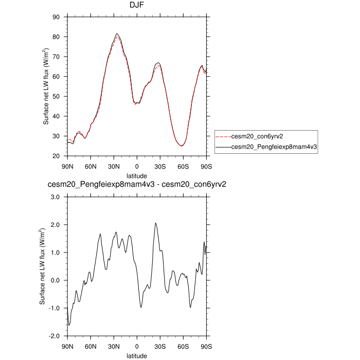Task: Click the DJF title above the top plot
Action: click(137, 6)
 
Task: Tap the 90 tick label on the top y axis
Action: click(57, 17)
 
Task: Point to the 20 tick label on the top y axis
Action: click(57, 156)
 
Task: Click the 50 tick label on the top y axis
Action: click(57, 96)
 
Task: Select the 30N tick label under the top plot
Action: click(114, 166)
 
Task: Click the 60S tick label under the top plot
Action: click(183, 166)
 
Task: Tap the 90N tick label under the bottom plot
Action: click(67, 346)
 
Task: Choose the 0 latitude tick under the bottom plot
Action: click(137, 346)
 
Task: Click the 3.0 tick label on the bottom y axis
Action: click(56, 197)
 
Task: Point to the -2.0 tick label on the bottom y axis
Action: click(55, 336)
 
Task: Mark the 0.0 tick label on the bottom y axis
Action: click(56, 280)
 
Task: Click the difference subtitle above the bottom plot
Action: click(137, 185)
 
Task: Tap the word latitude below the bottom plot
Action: click(137, 355)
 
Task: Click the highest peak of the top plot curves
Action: click(117, 33)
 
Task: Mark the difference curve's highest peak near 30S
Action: click(155, 223)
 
